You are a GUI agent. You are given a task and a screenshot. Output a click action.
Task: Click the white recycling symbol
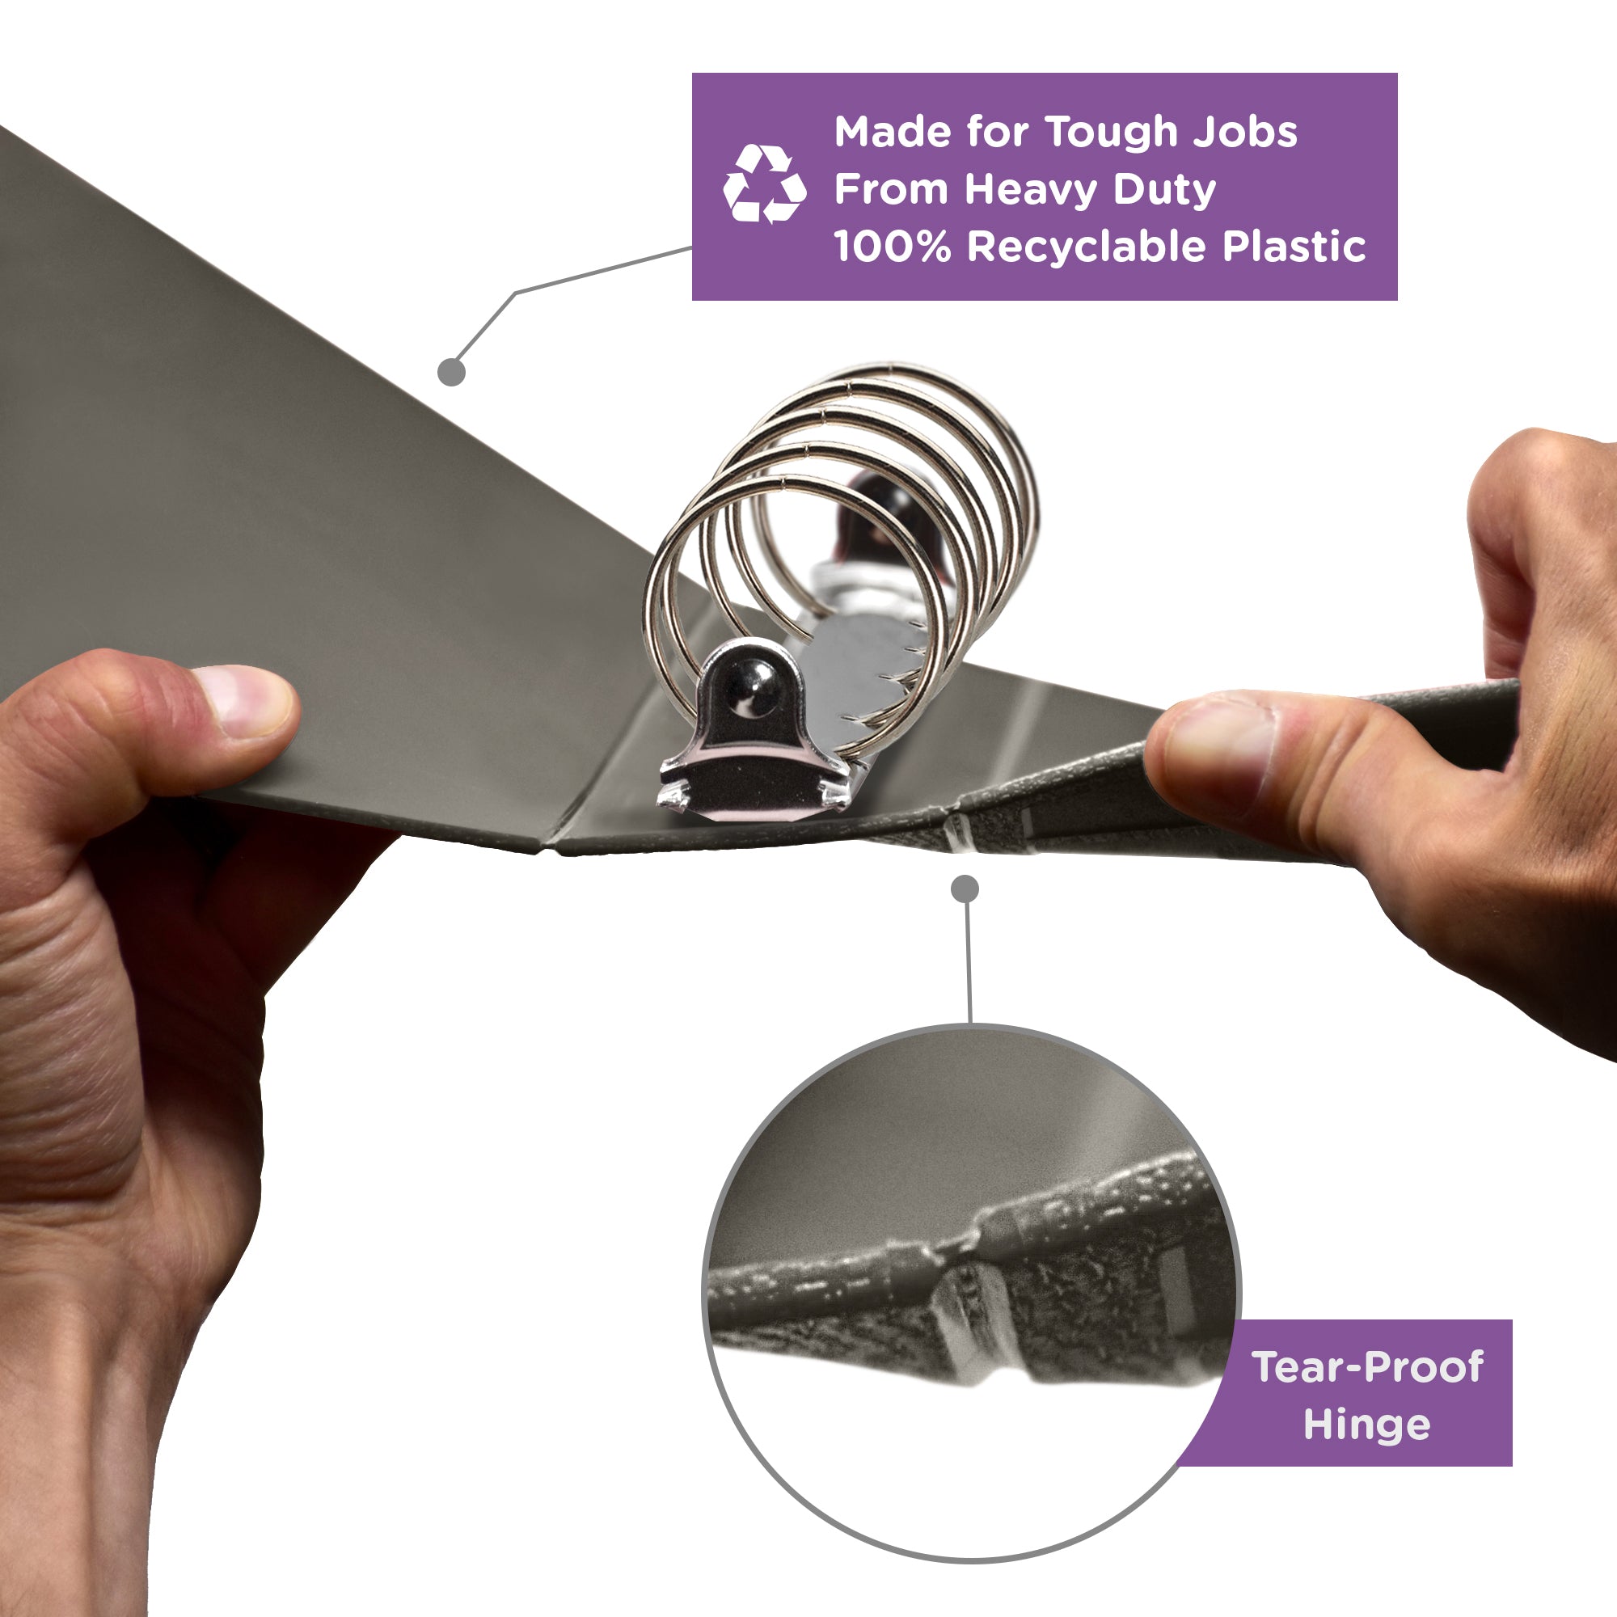click(764, 184)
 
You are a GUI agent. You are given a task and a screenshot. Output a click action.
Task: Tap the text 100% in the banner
click(893, 247)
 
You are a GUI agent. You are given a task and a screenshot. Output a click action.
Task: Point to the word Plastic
click(1294, 246)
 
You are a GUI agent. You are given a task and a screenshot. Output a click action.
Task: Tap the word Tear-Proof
click(1368, 1366)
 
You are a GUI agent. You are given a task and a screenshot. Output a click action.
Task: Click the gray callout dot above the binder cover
click(451, 372)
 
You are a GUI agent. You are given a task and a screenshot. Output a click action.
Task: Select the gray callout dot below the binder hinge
click(965, 889)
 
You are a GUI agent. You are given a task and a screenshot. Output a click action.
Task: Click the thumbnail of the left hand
click(245, 700)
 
